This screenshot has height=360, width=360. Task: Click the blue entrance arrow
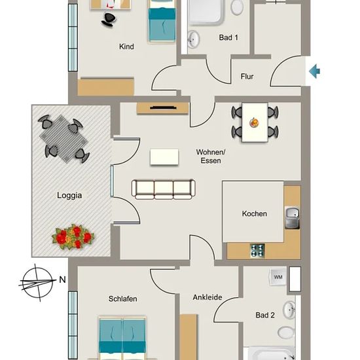tap(314, 71)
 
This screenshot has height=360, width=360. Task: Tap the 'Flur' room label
tap(247, 76)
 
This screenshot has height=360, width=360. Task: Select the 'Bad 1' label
tap(228, 37)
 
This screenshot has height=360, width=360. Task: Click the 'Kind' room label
tap(126, 46)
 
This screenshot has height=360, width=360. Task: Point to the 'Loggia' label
tap(69, 196)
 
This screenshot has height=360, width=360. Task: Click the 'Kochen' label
tap(255, 213)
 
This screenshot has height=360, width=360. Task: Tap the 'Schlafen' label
tap(123, 298)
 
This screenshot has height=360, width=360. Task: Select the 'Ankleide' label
tap(207, 297)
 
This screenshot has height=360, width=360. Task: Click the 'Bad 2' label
tap(265, 315)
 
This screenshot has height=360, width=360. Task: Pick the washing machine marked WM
tap(278, 277)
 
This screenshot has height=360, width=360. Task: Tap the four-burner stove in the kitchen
tap(257, 250)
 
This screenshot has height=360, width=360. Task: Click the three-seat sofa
tap(164, 189)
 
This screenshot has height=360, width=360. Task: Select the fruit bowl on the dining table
tap(255, 122)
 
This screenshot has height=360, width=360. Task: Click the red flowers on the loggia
tap(73, 237)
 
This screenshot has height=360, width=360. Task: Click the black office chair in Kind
tap(109, 20)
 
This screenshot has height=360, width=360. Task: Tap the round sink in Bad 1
tap(194, 39)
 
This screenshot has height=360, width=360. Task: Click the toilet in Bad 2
tap(286, 333)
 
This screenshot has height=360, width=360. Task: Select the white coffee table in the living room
tap(164, 157)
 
